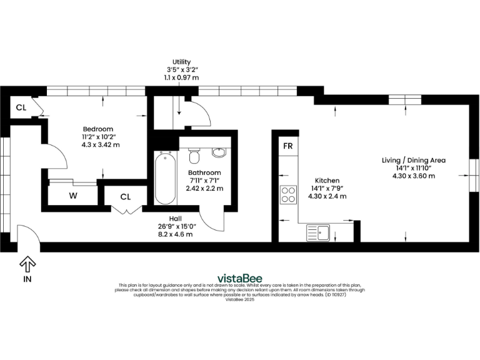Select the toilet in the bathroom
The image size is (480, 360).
193,154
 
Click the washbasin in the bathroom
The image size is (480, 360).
219,152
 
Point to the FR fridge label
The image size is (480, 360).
288,146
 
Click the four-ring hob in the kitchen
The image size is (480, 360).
288,195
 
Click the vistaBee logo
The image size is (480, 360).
239,278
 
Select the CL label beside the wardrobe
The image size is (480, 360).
126,197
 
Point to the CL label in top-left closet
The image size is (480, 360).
21,107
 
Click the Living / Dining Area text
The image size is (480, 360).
414,160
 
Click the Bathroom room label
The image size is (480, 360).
204,172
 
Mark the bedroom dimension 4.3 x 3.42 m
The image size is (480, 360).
100,144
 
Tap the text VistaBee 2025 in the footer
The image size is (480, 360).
239,299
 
